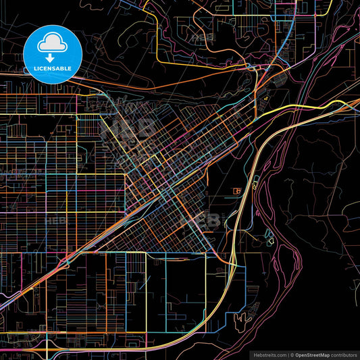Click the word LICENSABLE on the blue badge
(53, 68)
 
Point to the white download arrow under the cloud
(52, 57)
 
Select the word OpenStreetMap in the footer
(312, 355)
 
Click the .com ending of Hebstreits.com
(280, 355)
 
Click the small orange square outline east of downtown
(237, 191)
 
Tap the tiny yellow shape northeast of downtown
(267, 99)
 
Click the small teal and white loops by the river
(270, 237)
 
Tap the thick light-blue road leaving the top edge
(287, 20)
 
